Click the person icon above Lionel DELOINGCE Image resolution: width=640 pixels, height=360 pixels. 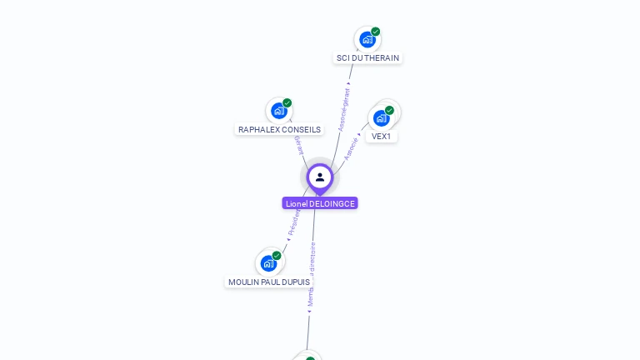320,177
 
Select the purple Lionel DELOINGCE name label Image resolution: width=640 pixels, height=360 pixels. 320,203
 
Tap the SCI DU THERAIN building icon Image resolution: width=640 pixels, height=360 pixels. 367,39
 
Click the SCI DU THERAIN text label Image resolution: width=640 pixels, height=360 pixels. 367,58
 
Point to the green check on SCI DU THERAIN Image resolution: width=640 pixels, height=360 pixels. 376,32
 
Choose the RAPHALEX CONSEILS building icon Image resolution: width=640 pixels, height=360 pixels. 278,111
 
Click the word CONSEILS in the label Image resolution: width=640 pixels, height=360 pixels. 301,130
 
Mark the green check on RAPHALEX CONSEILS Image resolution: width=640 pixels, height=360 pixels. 287,103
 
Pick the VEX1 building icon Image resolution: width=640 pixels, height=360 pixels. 381,117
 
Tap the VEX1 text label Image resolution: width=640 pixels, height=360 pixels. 381,137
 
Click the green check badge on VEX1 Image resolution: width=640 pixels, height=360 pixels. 389,110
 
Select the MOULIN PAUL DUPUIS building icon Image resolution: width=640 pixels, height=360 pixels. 267,263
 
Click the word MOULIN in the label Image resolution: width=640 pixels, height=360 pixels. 243,282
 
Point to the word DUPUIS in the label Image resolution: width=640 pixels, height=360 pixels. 296,282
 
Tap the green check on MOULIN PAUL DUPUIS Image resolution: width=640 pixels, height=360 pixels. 277,256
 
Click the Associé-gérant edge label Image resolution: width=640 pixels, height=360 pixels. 344,107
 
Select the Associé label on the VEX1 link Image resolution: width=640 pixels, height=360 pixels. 352,147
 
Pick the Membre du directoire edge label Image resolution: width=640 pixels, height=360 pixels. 312,275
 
